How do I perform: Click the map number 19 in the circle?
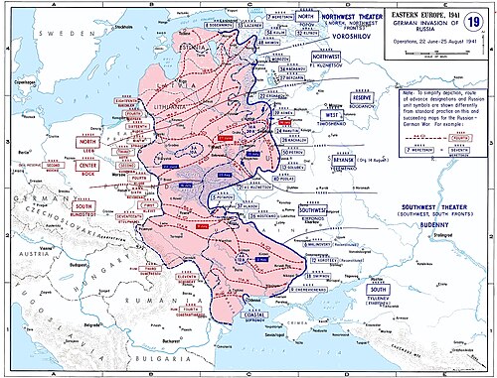pyautogui.click(x=471, y=25)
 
